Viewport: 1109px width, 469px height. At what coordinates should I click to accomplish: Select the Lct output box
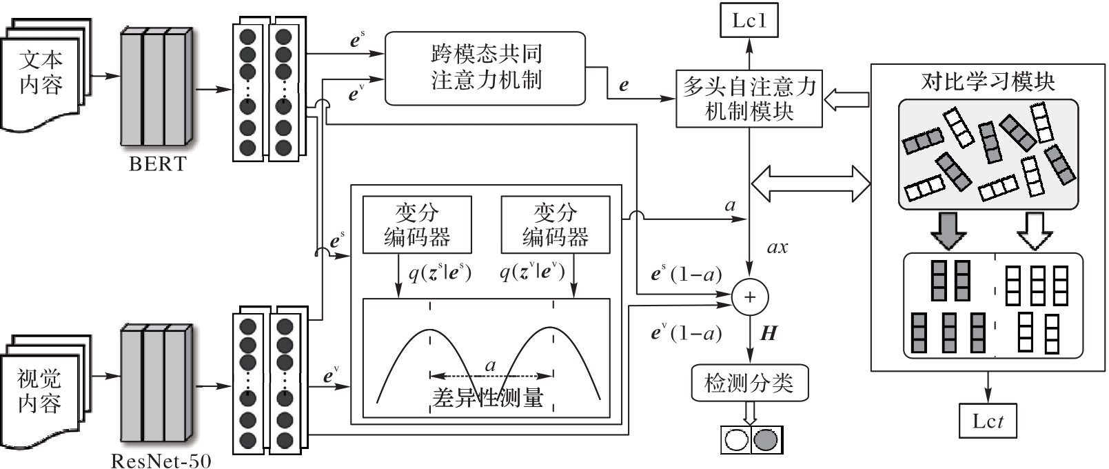pos(988,421)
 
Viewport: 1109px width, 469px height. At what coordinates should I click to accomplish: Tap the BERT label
pos(157,164)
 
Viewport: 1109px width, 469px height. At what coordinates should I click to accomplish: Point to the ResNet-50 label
pos(161,460)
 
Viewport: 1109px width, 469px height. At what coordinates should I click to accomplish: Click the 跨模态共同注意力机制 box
pos(485,68)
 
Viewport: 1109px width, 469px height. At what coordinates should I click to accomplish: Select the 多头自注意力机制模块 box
pos(749,99)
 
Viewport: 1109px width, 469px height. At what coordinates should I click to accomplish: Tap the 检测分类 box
pos(749,383)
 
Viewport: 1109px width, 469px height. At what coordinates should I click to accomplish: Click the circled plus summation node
pos(750,297)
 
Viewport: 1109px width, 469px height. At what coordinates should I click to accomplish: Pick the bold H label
pos(769,334)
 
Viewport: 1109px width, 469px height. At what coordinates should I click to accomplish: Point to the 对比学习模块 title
pos(988,82)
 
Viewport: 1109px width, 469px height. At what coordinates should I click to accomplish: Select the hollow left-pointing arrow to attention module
pos(846,99)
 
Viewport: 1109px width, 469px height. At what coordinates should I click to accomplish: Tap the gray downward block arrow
pos(948,230)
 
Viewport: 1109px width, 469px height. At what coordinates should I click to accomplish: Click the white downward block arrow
pos(1035,230)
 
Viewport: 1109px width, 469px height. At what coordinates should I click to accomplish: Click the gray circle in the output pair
pos(765,440)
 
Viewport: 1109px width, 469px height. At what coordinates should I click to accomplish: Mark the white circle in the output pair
pos(736,440)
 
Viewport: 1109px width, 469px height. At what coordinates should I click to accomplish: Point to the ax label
pos(777,248)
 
